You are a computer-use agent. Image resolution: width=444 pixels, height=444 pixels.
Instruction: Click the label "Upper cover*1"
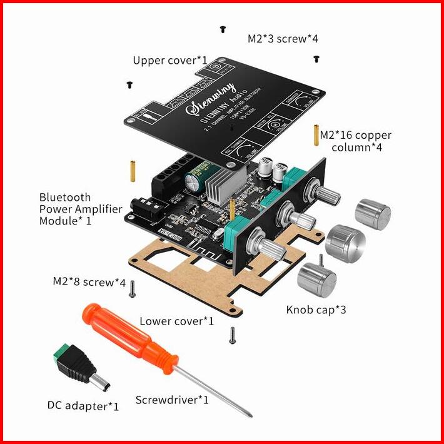[170, 61]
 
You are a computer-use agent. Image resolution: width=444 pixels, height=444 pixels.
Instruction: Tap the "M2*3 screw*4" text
[283, 39]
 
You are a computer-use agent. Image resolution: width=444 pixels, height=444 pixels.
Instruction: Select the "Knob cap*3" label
[316, 309]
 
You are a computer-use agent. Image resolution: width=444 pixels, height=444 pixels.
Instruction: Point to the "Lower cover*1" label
[177, 321]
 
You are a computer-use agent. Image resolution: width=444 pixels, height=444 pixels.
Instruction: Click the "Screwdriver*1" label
[172, 399]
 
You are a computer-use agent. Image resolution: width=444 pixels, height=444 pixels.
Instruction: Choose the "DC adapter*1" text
[83, 406]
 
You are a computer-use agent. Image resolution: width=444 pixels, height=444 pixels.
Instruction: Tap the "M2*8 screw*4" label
[89, 282]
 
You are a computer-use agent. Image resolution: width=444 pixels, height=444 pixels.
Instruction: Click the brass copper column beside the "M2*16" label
[316, 134]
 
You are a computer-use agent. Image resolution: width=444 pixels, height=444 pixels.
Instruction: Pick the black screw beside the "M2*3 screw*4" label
[316, 59]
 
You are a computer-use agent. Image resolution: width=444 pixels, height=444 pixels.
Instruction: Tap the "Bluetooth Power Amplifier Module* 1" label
[80, 209]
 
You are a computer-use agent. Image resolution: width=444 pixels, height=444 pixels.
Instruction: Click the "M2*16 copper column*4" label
[356, 141]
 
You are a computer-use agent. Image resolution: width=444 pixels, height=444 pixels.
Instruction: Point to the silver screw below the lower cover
[232, 335]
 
